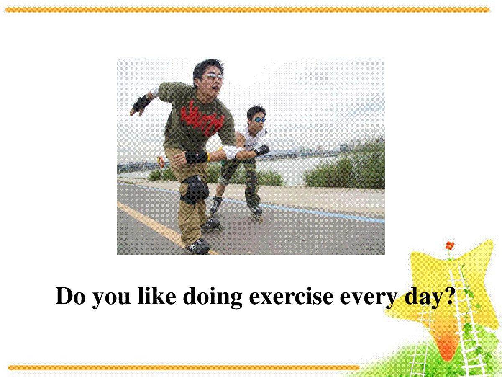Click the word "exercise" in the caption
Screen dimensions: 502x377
pos(291,296)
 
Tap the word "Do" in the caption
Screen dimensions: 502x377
pos(70,296)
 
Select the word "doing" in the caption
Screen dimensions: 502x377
pos(213,297)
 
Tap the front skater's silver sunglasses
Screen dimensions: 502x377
pos(215,77)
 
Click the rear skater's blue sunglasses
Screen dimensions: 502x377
pos(258,120)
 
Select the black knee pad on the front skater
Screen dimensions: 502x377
pos(195,190)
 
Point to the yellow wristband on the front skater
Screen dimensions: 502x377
pos(208,157)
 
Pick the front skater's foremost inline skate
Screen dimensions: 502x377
pos(198,246)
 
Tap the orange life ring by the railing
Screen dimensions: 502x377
pos(161,162)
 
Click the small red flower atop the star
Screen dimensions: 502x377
pos(450,245)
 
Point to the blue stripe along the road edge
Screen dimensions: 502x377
pos(251,203)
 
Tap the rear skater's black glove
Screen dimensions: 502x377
pos(262,150)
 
